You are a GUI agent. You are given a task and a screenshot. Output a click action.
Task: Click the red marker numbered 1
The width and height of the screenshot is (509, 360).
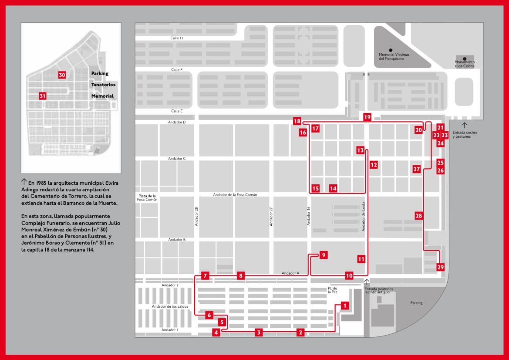pos(345,306)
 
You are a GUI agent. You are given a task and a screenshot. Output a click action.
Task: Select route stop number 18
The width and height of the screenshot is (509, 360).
pos(297,121)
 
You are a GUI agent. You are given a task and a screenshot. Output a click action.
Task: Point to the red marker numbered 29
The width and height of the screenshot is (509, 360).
pos(440,267)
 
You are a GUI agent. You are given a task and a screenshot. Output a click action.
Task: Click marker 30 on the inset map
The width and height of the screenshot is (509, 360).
pos(62,75)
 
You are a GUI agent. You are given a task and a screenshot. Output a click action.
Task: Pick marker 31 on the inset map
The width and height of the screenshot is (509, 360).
pos(42,96)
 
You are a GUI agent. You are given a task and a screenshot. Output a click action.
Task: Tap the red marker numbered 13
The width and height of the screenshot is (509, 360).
pos(360,150)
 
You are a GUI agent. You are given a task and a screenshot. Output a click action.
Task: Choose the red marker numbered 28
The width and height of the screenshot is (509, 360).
pos(418,216)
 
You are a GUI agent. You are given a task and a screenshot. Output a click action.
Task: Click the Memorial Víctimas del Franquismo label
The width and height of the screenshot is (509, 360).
pos(391,56)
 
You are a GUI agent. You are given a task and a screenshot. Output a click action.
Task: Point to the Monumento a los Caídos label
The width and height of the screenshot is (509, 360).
pos(465,64)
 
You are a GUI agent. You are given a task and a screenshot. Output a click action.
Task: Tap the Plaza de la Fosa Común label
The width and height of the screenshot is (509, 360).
pos(147,197)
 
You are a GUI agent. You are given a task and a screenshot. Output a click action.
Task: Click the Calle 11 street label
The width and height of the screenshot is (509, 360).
pos(177,38)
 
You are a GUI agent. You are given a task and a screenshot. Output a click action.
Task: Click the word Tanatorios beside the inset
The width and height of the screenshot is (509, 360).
pos(103,85)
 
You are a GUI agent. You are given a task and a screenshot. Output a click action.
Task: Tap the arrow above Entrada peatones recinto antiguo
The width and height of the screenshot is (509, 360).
pos(367,282)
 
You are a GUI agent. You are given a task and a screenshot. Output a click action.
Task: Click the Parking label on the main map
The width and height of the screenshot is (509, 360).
pos(416,302)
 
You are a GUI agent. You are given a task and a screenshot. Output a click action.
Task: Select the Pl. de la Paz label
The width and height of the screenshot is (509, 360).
pos(333,291)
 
